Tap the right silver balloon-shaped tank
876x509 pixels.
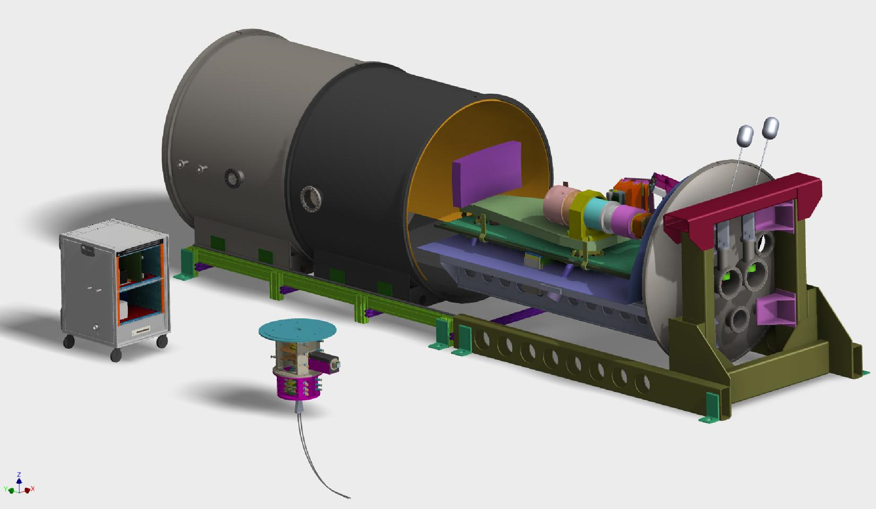point(771,128)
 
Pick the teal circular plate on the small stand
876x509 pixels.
point(297,330)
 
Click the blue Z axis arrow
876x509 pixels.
point(19,481)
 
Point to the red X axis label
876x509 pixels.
point(33,489)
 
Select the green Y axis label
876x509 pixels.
point(5,490)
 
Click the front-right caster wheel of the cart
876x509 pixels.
point(162,342)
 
